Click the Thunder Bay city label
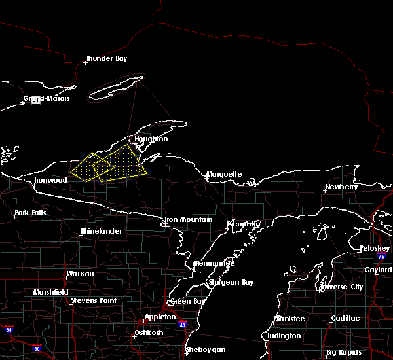coord(106,59)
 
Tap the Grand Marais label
coord(47,99)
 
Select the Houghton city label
coord(151,139)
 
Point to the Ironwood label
coord(50,180)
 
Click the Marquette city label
coord(224,175)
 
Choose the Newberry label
coord(341,187)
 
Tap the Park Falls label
coord(30,213)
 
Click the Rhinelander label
coord(101,232)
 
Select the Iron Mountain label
coord(189,220)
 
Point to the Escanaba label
coord(244,225)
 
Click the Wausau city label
coord(79,274)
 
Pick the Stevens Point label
coord(93,300)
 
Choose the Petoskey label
coord(375,249)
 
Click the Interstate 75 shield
coord(381,257)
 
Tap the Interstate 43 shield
coord(182,325)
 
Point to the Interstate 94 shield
coord(9,329)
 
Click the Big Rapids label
coord(345,353)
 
